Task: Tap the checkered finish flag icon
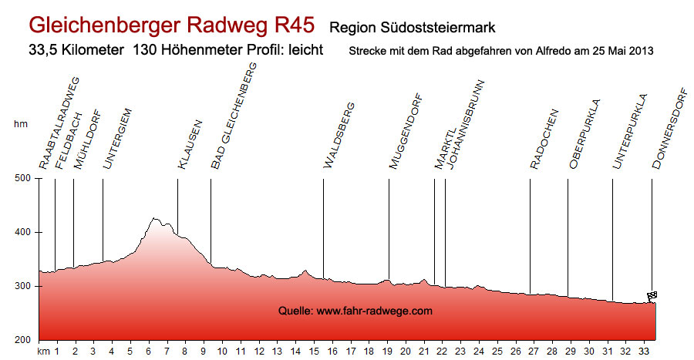point(652,296)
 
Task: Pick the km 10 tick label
point(222,352)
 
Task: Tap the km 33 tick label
point(643,352)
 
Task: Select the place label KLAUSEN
point(190,144)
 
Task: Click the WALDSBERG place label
point(339,135)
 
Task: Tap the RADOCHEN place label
point(544,137)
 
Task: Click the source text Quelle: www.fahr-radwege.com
point(355,311)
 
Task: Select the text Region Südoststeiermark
point(411,28)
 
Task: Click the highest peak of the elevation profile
point(155,218)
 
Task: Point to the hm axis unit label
point(20,123)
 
